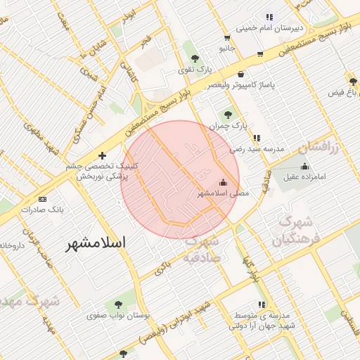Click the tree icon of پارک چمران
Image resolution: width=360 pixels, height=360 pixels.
[227, 114]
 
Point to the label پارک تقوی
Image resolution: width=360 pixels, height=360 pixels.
[194, 69]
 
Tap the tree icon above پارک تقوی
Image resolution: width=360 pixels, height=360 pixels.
[195, 58]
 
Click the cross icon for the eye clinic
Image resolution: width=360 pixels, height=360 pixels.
[103, 155]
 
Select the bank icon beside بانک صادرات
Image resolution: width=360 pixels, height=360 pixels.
[42, 199]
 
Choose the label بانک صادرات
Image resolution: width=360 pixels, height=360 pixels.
[42, 210]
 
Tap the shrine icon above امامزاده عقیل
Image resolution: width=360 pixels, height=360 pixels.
[304, 166]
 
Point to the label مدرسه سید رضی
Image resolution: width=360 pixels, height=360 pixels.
[257, 149]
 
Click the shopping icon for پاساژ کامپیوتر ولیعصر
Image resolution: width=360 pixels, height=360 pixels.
[241, 74]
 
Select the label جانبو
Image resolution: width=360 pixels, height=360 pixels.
[226, 48]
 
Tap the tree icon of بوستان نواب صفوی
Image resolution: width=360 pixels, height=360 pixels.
[117, 304]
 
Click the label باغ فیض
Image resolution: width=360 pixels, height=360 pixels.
[344, 92]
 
